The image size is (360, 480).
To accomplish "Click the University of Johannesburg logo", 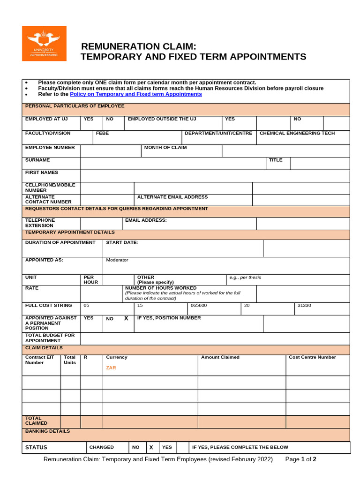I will pyautogui.click(x=44, y=44).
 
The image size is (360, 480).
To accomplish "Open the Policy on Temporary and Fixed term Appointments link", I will pyautogui.click(x=135, y=94).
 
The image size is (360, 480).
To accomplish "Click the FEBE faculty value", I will pyautogui.click(x=102, y=133).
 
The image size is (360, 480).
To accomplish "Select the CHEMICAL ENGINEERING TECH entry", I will pyautogui.click(x=297, y=133).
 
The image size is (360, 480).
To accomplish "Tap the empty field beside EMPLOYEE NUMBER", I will pyautogui.click(x=111, y=150).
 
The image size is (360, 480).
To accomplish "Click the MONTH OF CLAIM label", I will pyautogui.click(x=165, y=148).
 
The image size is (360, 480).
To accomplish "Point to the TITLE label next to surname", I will pyautogui.click(x=276, y=160).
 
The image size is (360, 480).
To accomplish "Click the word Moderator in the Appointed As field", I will pyautogui.click(x=117, y=260).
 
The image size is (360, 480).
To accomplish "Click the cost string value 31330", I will pyautogui.click(x=305, y=305).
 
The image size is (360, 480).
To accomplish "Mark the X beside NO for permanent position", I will pyautogui.click(x=126, y=318).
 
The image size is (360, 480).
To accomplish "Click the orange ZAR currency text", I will pyautogui.click(x=111, y=368).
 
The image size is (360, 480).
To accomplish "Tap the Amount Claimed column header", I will pyautogui.click(x=220, y=357).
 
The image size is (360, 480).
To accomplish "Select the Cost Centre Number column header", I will pyautogui.click(x=312, y=357).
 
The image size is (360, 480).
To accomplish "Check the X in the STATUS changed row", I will pyautogui.click(x=151, y=448).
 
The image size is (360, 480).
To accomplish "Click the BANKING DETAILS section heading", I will pyautogui.click(x=47, y=431).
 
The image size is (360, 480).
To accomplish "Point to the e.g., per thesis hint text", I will pyautogui.click(x=245, y=277).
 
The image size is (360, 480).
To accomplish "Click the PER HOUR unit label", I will pyautogui.click(x=91, y=280).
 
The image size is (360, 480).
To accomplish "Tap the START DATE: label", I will pyautogui.click(x=122, y=242).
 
